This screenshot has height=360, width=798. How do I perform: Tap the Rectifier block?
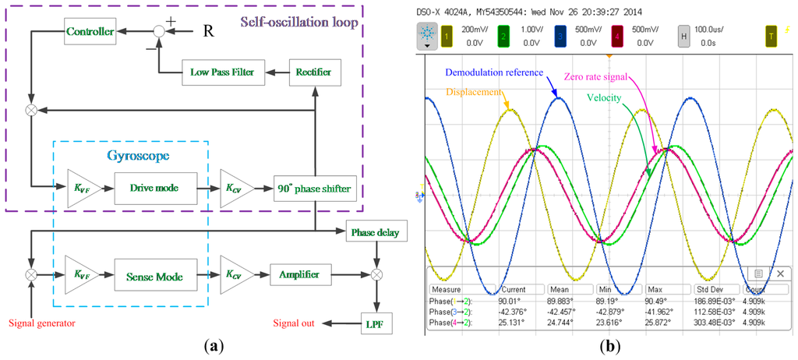(x=313, y=72)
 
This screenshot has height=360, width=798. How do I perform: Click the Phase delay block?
(x=376, y=231)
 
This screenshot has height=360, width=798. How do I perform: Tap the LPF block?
(x=376, y=322)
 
